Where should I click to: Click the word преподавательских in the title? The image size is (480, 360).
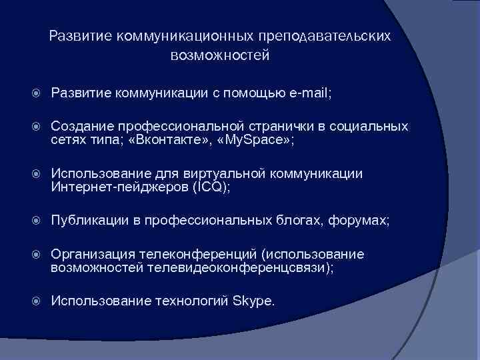[327, 34]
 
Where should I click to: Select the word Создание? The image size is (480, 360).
[81, 127]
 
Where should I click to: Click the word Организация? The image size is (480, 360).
[92, 254]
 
